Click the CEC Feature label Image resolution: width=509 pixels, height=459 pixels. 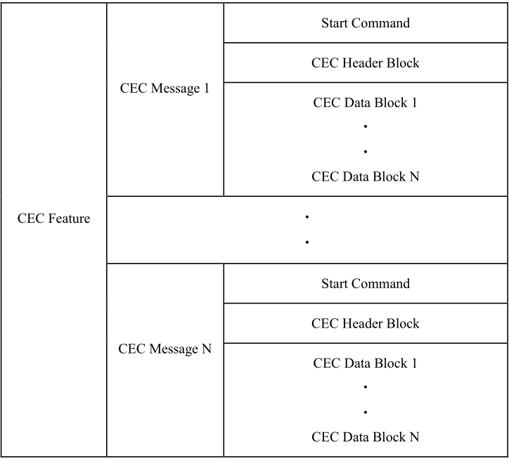[x=54, y=219]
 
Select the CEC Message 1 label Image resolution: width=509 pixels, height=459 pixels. [x=165, y=89]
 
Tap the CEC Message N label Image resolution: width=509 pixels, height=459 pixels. [x=165, y=349]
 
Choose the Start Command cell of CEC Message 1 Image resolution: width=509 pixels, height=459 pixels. [x=365, y=22]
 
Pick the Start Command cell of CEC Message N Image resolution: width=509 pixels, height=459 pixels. [x=365, y=284]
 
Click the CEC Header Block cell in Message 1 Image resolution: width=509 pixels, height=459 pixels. [x=365, y=63]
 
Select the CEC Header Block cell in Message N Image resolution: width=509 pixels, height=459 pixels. [x=365, y=323]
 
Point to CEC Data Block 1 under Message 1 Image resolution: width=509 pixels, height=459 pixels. [x=365, y=103]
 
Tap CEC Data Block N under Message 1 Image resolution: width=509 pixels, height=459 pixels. [x=365, y=176]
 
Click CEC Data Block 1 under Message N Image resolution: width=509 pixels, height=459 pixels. [x=365, y=363]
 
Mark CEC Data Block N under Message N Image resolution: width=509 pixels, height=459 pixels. [x=365, y=437]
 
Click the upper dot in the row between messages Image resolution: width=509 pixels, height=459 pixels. [x=307, y=217]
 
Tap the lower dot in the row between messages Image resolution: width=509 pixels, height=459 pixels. [x=307, y=242]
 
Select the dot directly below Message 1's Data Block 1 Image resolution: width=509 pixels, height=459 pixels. [x=366, y=127]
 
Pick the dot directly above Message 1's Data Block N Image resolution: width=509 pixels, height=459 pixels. [x=366, y=151]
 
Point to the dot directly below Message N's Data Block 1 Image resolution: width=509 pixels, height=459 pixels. [x=366, y=387]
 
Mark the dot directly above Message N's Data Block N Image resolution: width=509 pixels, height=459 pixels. [x=366, y=411]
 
